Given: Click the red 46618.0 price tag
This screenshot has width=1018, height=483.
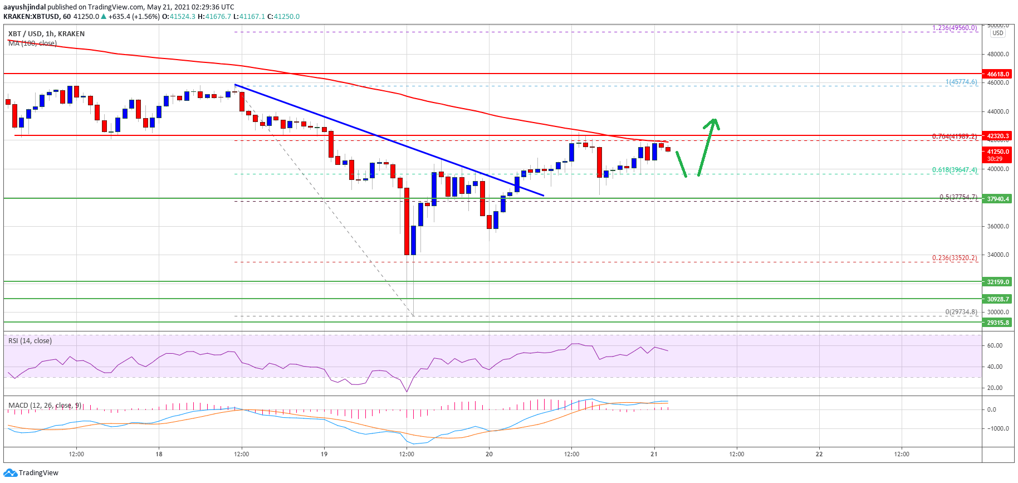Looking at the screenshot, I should click(x=998, y=74).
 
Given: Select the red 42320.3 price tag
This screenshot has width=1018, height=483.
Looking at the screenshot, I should click(x=998, y=136).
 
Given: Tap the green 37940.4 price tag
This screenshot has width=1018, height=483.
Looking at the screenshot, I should click(x=998, y=199).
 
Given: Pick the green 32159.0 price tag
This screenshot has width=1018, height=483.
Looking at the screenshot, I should click(x=998, y=282).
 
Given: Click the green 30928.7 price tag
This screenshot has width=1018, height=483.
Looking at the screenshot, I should click(x=998, y=299).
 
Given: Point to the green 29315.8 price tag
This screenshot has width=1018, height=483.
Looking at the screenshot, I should click(x=998, y=323).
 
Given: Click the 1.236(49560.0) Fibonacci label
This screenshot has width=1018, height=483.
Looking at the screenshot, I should click(x=955, y=28).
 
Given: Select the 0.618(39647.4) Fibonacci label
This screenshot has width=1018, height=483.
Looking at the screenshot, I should click(x=955, y=170).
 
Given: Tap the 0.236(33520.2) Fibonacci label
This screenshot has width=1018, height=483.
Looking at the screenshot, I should click(x=955, y=258).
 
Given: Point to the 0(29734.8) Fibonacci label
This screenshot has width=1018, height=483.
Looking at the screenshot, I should click(x=961, y=312).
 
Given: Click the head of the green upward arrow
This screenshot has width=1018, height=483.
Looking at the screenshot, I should click(x=713, y=121).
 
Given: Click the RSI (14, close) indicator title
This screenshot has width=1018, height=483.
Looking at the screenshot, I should click(x=30, y=341).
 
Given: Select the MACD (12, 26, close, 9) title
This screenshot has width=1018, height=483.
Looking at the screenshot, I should click(x=45, y=406).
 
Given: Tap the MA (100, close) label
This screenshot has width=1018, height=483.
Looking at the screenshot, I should click(x=32, y=43).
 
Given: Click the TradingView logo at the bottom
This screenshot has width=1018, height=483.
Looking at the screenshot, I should click(x=31, y=473).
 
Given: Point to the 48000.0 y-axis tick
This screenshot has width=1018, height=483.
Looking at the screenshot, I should click(x=998, y=54).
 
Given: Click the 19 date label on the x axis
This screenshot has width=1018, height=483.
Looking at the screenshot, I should click(x=324, y=454).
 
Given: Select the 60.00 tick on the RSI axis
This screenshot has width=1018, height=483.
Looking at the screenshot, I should click(x=995, y=345).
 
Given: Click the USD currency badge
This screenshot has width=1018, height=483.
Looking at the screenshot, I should click(x=998, y=33).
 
